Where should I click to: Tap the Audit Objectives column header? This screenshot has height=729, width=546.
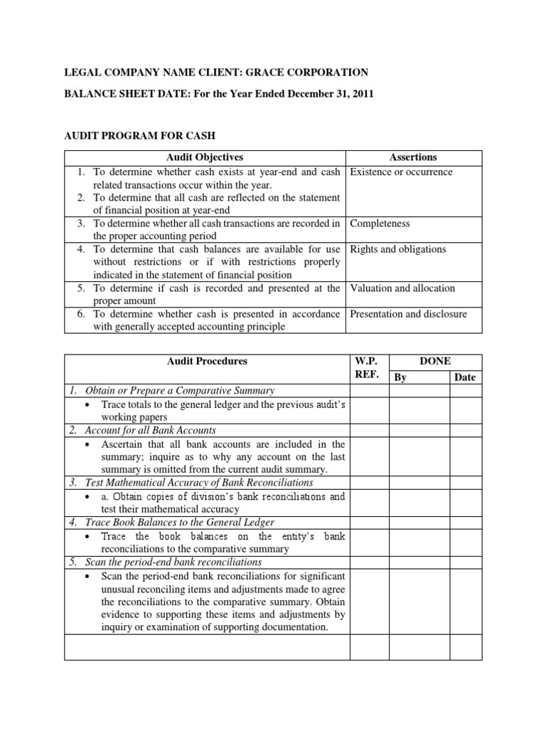point(205,157)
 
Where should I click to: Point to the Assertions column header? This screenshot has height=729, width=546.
point(413,157)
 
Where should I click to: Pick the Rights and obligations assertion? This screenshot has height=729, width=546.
point(397,249)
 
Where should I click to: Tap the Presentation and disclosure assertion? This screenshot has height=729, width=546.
point(408,314)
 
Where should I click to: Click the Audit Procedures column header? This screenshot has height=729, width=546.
point(207,361)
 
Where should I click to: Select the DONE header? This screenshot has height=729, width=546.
point(435,361)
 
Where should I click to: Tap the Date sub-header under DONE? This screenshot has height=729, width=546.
point(465,377)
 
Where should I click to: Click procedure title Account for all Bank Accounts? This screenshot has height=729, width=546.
point(150,431)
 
